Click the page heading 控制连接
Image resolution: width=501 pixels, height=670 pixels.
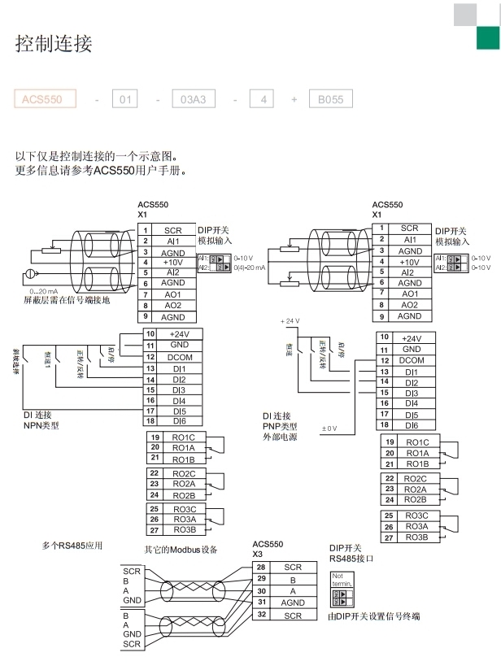click(x=54, y=44)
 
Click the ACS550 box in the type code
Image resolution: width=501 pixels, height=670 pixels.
click(x=45, y=99)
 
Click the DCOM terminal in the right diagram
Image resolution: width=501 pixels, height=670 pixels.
click(x=412, y=360)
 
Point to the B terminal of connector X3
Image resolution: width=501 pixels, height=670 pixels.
click(x=293, y=579)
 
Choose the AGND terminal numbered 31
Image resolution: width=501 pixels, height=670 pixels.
click(x=293, y=603)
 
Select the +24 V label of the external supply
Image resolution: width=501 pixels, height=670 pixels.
click(x=290, y=320)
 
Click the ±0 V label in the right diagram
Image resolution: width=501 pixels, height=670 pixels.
click(x=329, y=428)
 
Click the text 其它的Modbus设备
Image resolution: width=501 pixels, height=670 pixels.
click(x=181, y=550)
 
